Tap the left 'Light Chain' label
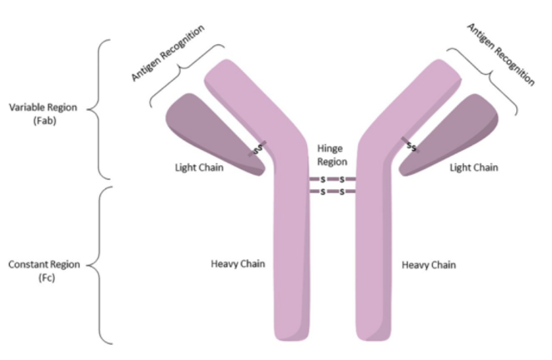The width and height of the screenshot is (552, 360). (x=197, y=167)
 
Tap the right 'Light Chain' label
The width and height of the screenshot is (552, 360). (x=474, y=167)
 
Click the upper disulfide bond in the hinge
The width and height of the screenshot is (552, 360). (x=332, y=179)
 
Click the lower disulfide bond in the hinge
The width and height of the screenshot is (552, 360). (x=332, y=192)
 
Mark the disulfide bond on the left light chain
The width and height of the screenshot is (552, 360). (x=256, y=147)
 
